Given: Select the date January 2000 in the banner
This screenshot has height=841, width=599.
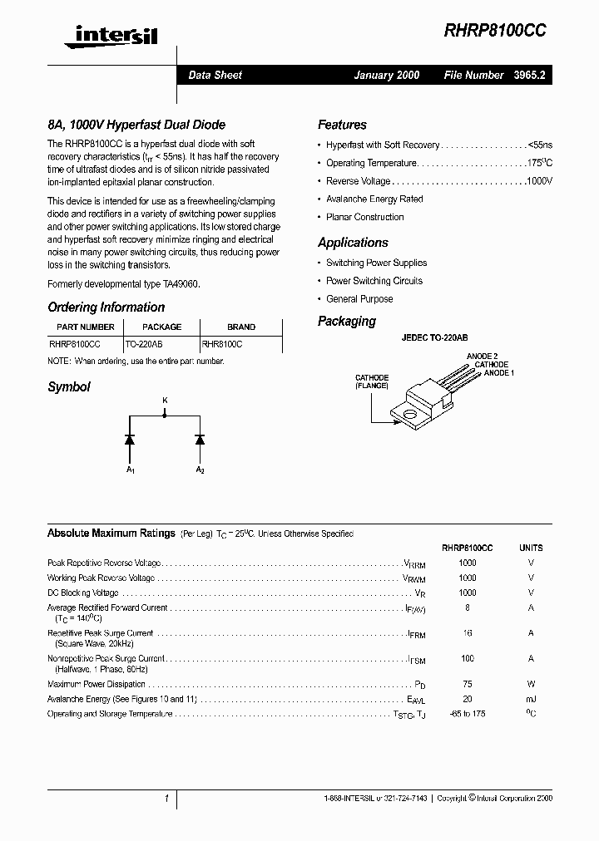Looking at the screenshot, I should [x=387, y=75].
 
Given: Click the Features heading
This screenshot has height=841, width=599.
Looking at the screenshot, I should [x=342, y=125].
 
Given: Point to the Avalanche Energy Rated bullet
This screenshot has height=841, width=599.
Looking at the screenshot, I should [x=374, y=199].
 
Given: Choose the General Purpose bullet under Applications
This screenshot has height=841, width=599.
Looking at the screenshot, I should [x=359, y=299].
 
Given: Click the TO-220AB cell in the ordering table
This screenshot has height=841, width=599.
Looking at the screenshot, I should [x=144, y=342].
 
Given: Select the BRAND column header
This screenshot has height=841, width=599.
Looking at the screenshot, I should [x=241, y=327].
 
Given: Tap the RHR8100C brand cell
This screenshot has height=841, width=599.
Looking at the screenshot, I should [x=222, y=342].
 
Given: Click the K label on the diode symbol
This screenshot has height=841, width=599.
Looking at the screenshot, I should [x=165, y=401].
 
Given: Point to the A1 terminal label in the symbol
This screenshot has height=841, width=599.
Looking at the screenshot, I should [x=131, y=471].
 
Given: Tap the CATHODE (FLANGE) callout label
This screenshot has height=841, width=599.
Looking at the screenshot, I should [x=372, y=381].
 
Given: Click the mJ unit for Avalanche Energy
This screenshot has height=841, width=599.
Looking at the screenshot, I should [x=531, y=700].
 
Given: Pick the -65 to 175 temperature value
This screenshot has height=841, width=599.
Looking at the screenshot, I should [x=468, y=714].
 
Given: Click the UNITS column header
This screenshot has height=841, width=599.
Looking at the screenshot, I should [x=531, y=548].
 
